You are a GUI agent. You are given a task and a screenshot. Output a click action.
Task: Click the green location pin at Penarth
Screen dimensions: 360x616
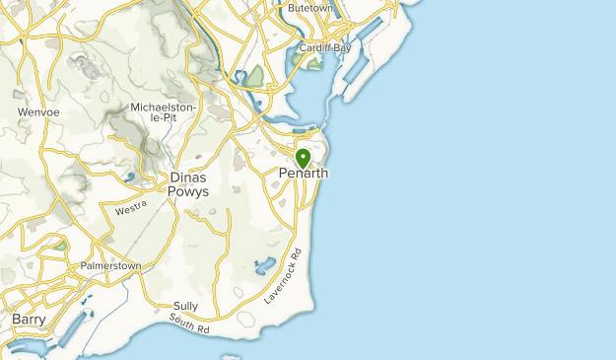tap(303, 157)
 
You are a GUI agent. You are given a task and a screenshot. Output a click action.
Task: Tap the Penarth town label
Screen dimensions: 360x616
tap(304, 174)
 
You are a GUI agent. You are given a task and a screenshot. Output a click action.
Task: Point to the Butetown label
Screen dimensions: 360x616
tap(312, 7)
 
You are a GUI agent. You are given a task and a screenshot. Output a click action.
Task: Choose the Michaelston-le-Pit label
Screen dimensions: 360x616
tap(165, 112)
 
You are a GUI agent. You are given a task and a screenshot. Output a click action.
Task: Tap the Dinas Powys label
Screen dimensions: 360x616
tap(189, 184)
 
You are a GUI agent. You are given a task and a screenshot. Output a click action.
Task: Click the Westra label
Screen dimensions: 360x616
tap(131, 209)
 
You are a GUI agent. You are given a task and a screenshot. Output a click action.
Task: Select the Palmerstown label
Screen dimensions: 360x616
tap(111, 266)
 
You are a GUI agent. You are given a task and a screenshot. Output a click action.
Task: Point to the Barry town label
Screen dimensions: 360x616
tap(30, 320)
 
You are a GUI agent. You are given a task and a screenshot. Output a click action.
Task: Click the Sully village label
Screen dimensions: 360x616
tap(185, 306)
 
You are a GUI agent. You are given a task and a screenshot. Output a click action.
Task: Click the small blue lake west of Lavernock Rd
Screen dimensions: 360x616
tap(265, 265)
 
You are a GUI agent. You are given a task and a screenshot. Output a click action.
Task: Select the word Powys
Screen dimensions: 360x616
tap(189, 192)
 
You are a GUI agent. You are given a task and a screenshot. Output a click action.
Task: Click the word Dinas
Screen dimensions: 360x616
tap(189, 178)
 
